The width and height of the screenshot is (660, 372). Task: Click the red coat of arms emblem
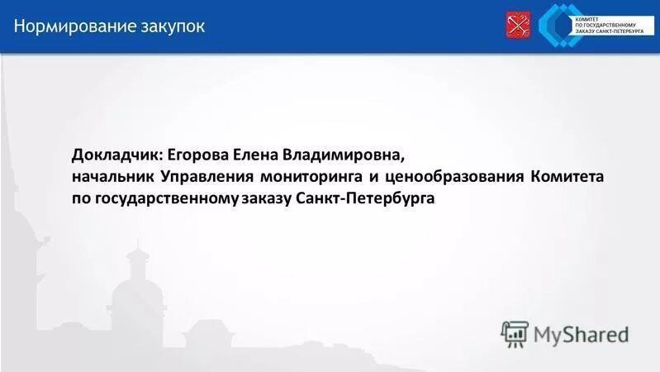519,26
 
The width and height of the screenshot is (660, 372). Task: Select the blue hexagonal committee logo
558,25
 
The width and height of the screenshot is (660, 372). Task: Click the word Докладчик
117,155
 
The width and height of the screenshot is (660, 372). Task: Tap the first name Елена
257,155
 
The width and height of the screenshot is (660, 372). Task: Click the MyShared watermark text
580,334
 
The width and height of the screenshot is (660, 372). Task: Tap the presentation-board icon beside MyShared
514,333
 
